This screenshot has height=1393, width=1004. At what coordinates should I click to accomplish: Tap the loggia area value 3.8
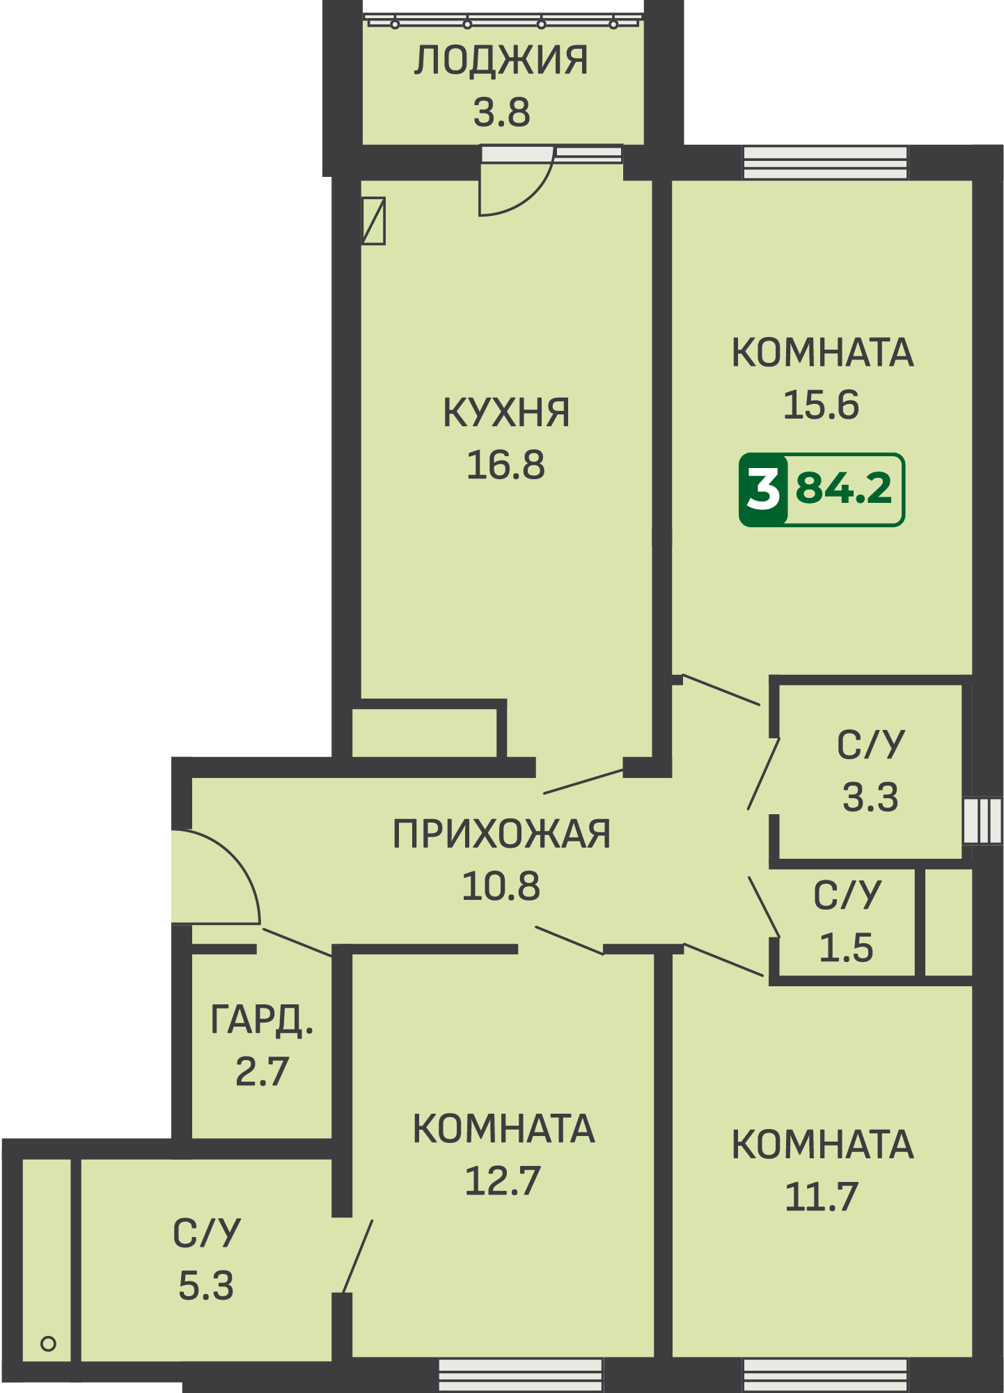(x=501, y=112)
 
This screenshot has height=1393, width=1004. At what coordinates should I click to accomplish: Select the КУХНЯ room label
(x=506, y=412)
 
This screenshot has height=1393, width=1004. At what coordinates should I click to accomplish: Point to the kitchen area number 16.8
(x=505, y=465)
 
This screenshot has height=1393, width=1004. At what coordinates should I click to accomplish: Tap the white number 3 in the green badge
(x=763, y=490)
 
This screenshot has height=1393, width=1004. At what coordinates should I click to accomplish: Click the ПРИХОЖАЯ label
(x=501, y=834)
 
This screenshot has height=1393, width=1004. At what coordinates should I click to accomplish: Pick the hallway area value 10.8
(x=501, y=886)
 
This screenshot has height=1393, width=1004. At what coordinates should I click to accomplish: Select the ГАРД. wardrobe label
(x=262, y=1020)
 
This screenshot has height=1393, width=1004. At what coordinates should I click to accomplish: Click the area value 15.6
(x=822, y=405)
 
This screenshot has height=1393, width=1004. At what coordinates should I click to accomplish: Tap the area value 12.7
(x=503, y=1181)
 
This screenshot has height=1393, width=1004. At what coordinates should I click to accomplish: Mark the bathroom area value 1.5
(x=846, y=948)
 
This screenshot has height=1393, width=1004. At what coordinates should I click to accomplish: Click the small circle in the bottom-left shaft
(x=48, y=1344)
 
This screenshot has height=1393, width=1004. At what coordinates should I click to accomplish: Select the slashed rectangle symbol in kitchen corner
(x=374, y=221)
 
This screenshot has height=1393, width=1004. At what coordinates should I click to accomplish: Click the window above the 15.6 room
(x=825, y=163)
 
